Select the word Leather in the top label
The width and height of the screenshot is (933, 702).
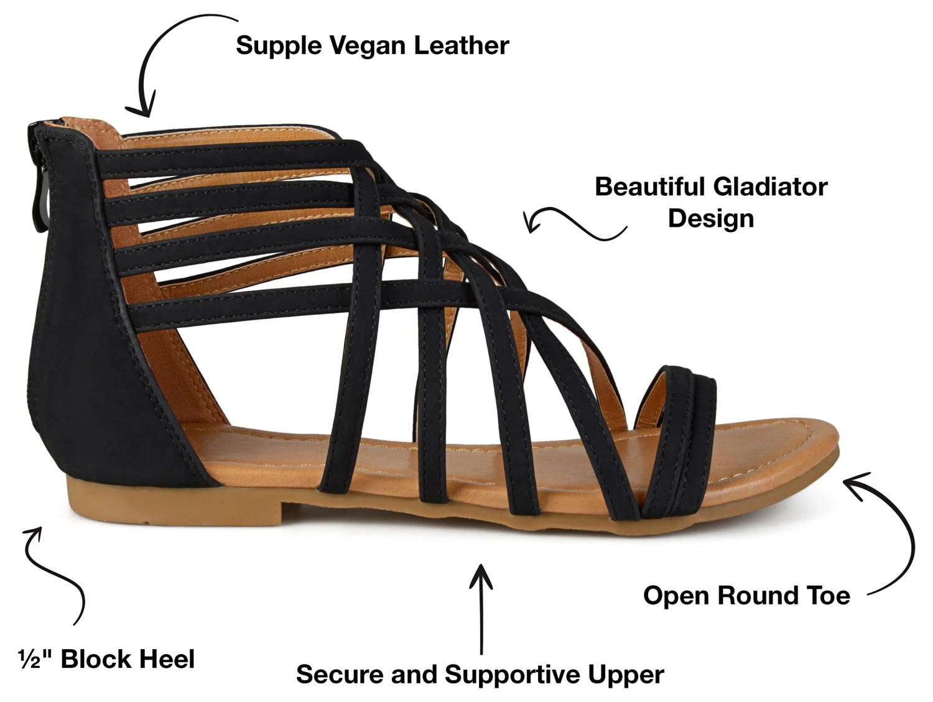[462, 45]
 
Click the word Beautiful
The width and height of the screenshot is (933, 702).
[649, 187]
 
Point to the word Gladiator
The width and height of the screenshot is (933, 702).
[771, 187]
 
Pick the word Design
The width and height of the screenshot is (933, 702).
[710, 218]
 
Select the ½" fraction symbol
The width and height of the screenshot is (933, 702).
[36, 659]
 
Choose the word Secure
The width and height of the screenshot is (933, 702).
[335, 675]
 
